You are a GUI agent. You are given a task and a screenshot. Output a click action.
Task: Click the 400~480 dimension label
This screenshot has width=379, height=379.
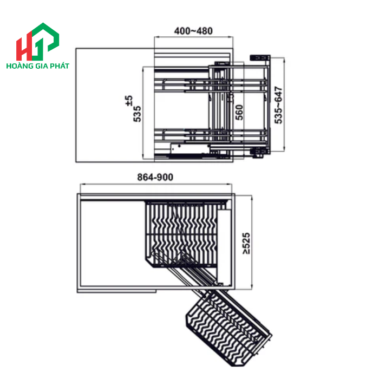point(193,31)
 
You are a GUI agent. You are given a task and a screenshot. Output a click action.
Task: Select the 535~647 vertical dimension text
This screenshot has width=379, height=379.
point(279,105)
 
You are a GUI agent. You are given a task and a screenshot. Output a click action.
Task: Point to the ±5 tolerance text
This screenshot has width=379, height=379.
point(128,100)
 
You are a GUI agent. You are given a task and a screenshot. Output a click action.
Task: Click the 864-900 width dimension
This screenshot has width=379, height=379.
point(155,177)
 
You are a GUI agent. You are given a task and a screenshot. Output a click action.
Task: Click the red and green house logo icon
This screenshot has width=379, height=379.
point(37,42)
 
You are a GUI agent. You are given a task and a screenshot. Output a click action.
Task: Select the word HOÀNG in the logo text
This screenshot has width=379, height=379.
point(19,66)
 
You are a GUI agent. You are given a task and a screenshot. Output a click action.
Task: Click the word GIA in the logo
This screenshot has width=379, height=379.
point(41,66)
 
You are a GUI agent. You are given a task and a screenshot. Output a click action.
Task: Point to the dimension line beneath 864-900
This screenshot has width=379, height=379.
point(155,184)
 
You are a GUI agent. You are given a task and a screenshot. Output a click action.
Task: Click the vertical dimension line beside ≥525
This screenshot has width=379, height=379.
point(253,243)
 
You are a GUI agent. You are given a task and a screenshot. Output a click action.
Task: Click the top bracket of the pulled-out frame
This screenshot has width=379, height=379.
point(259,56)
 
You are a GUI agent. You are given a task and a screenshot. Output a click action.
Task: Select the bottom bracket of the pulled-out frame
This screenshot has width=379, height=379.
point(258,154)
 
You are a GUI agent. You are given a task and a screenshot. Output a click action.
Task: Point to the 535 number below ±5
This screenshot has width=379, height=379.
point(138,115)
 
